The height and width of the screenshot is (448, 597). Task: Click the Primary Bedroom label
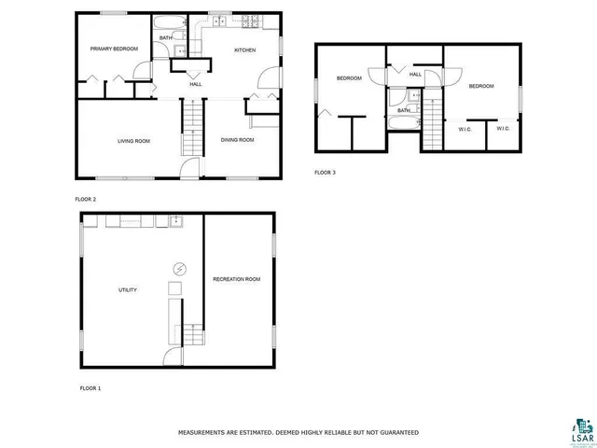point(114,49)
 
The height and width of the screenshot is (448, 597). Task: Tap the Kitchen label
point(244,49)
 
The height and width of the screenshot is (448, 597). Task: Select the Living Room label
point(133,141)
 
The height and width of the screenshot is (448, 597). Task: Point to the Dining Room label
point(237,140)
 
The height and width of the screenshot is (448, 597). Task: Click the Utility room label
point(128,289)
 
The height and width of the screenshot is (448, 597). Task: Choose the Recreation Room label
point(237,279)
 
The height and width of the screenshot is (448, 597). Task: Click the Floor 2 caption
point(86,199)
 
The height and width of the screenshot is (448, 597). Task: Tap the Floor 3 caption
point(325,172)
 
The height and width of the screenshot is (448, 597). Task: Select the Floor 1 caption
point(90,386)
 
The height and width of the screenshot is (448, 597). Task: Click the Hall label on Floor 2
point(196,85)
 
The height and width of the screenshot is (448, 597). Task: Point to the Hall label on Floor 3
point(415,75)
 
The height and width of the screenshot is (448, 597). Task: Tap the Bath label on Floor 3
point(404,110)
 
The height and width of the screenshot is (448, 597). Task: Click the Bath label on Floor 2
point(164,38)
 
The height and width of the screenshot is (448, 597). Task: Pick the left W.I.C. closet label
point(464,129)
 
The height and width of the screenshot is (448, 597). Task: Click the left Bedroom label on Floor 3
point(349,78)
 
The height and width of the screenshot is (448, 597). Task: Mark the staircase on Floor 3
point(435,121)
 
